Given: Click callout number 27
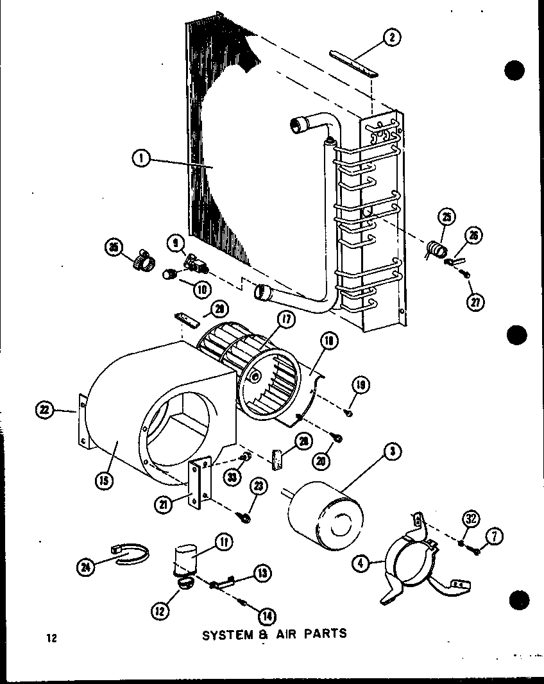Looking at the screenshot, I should (x=475, y=302).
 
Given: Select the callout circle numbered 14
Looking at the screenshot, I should (x=263, y=616).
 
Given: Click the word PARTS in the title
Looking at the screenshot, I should (x=325, y=633).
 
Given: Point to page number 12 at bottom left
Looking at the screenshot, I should (x=51, y=638).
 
